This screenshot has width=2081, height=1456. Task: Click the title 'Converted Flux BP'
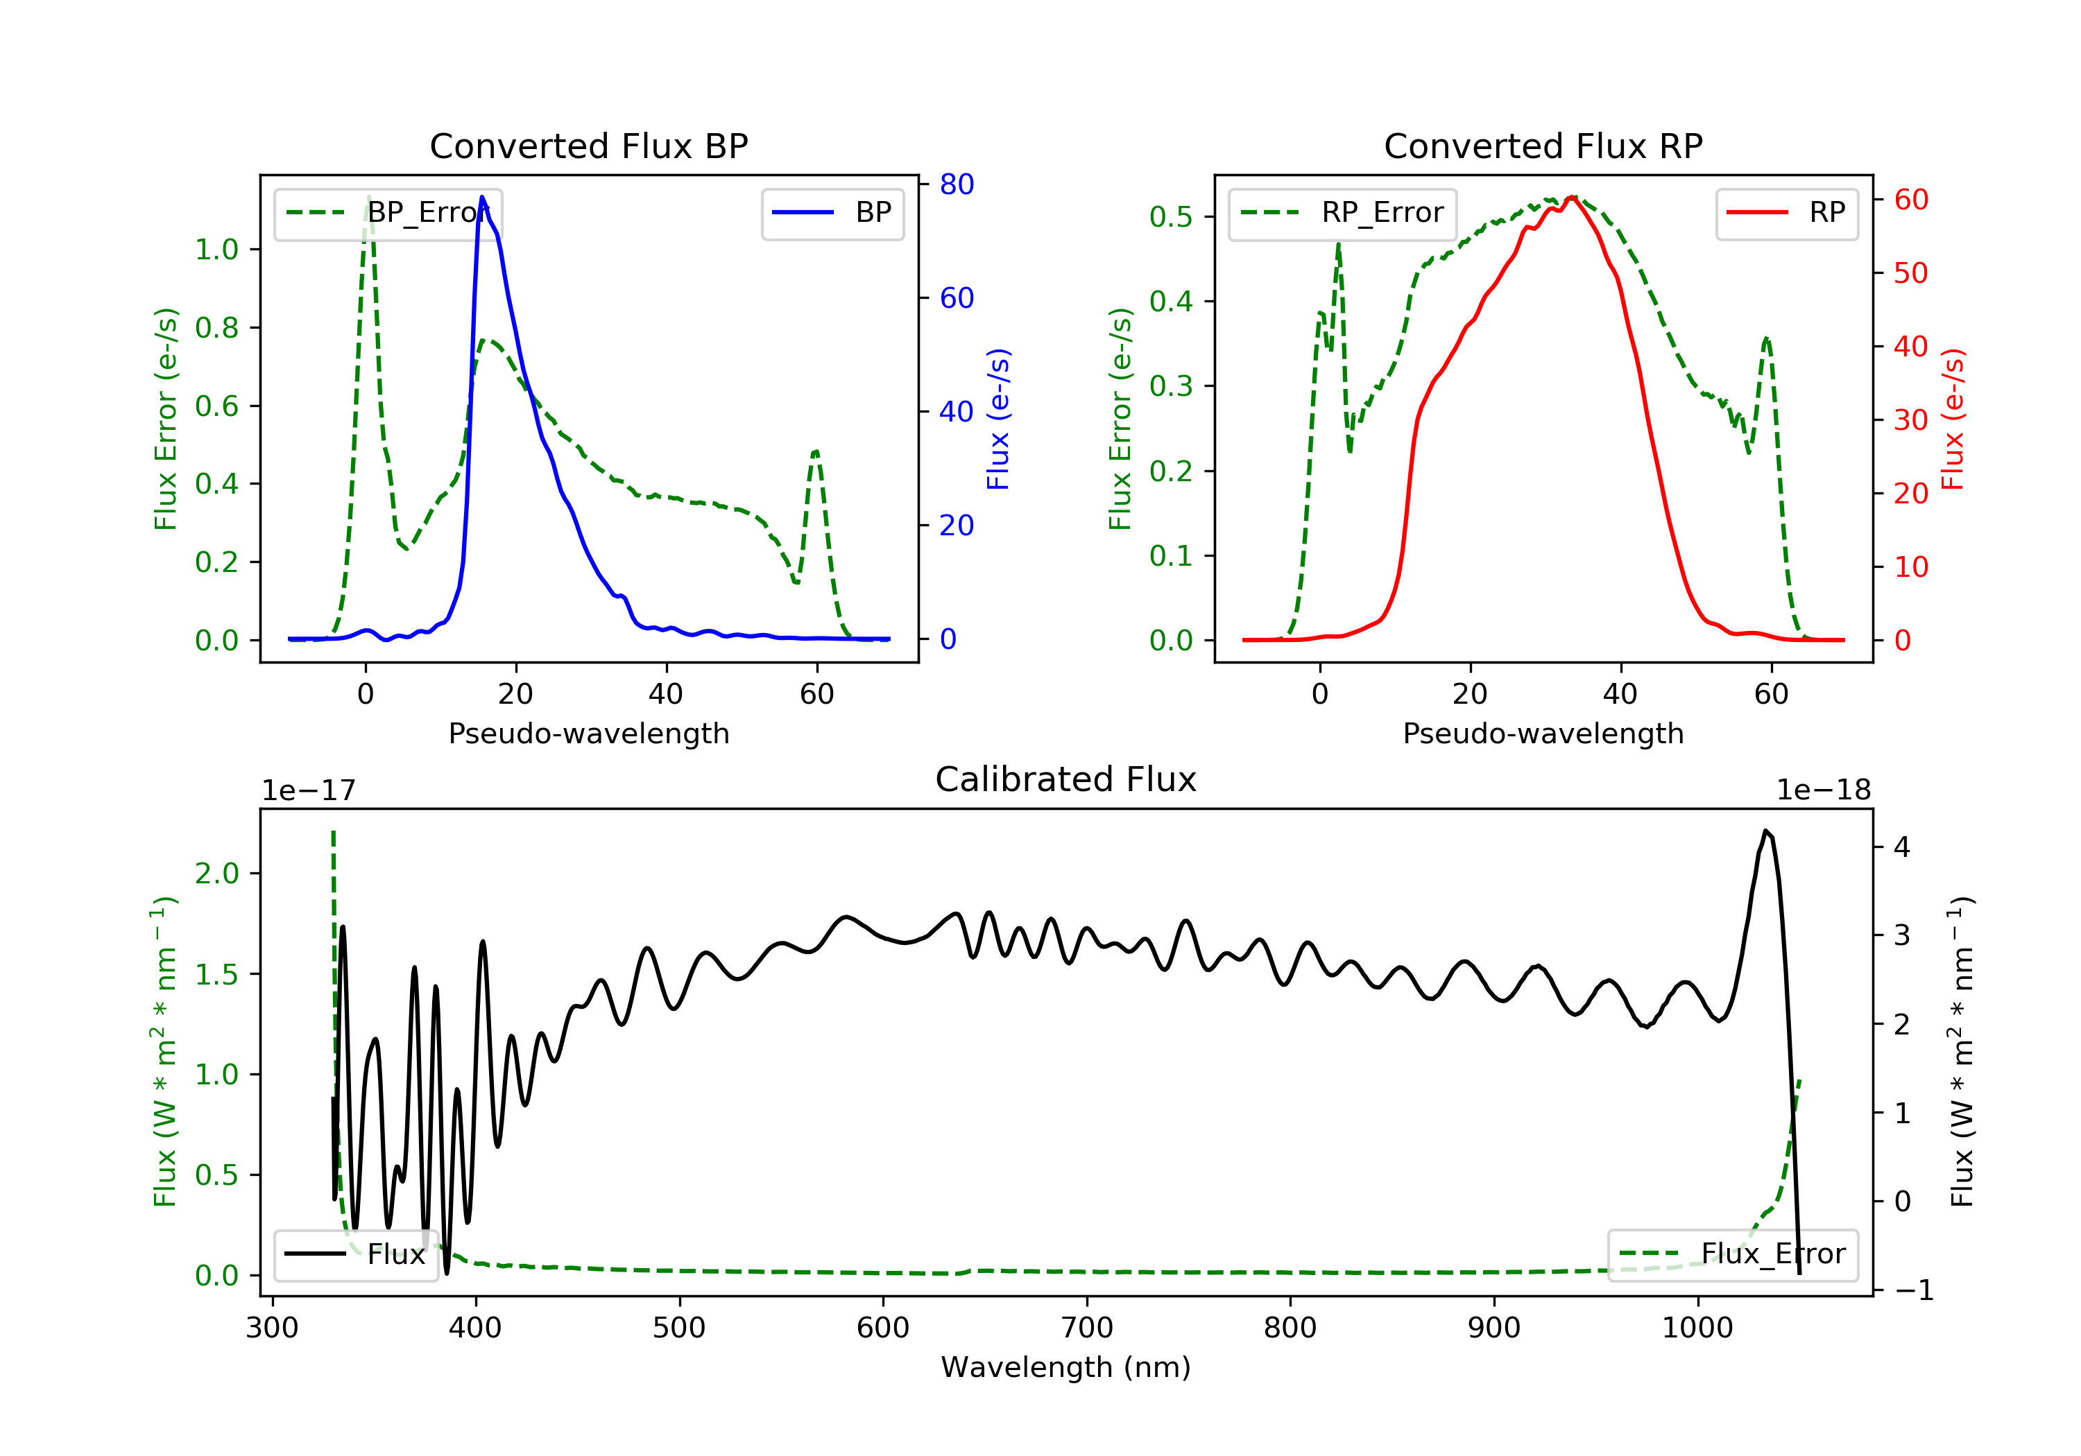589,146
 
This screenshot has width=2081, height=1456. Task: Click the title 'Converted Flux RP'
1543,146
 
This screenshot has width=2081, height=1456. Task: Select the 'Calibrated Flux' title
1066,779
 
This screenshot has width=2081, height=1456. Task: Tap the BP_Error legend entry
388,213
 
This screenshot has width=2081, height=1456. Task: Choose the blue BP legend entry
832,213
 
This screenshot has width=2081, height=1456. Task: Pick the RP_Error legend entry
1342,213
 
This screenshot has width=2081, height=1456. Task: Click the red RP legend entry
1786,213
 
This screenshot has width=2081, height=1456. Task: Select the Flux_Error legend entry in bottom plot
1732,1254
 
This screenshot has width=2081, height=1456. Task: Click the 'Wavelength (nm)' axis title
1066,1367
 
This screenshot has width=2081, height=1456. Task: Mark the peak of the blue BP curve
482,197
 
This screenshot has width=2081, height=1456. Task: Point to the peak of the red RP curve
1573,198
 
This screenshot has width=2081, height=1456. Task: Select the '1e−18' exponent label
1823,790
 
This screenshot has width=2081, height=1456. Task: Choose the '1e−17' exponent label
309,790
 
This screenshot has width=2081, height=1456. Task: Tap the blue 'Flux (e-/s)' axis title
998,419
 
